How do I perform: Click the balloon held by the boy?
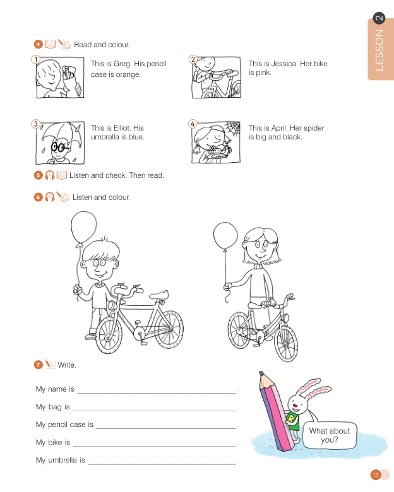click(x=83, y=227)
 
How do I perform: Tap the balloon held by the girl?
click(x=225, y=236)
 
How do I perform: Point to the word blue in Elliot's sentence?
click(x=136, y=137)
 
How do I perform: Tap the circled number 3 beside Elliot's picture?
click(x=36, y=124)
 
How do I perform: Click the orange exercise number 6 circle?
click(x=39, y=197)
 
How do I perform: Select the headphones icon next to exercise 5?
click(x=49, y=175)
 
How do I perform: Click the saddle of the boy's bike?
click(x=159, y=295)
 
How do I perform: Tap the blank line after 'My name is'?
click(x=157, y=392)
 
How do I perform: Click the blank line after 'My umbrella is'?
click(x=162, y=464)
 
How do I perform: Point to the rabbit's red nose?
click(x=295, y=406)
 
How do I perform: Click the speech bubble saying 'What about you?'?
click(x=329, y=435)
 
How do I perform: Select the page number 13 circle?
click(x=376, y=475)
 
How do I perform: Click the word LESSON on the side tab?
click(x=379, y=50)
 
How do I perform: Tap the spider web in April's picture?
click(x=232, y=128)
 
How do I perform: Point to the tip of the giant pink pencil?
click(x=261, y=373)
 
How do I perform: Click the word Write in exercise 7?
click(x=66, y=365)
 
